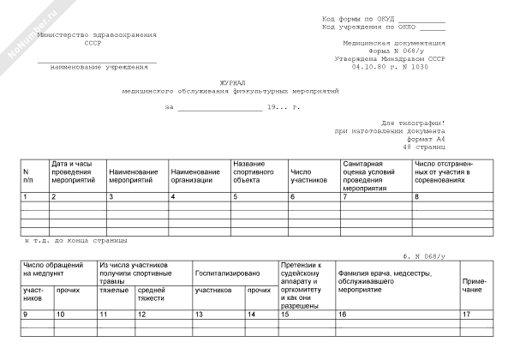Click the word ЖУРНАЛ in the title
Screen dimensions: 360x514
(232, 83)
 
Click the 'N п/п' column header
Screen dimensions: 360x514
(28, 177)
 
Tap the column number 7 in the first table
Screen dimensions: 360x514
(345, 197)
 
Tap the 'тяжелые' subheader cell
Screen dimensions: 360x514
(114, 291)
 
